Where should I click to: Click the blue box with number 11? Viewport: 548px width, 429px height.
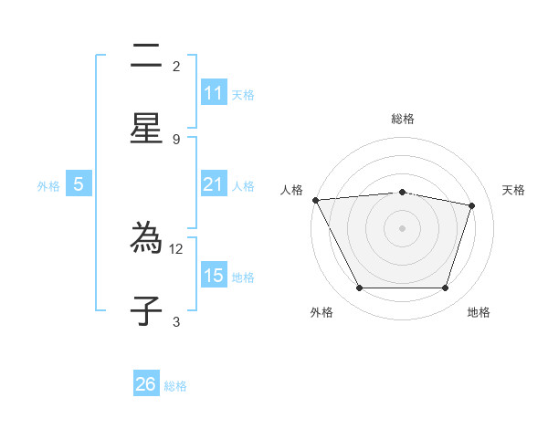(214, 93)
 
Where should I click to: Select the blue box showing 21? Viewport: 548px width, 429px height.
(214, 184)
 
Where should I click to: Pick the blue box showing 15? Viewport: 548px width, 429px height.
(214, 276)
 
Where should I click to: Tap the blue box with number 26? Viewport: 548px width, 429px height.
(146, 384)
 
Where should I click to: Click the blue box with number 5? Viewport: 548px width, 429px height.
(79, 184)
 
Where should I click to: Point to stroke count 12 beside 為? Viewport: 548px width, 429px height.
(177, 248)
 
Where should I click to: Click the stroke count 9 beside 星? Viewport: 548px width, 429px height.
(176, 139)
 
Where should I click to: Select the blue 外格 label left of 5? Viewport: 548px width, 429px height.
(48, 185)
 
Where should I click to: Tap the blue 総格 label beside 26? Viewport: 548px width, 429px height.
(176, 385)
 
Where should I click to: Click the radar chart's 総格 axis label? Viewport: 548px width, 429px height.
(403, 119)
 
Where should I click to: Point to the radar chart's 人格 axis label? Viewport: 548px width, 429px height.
(291, 190)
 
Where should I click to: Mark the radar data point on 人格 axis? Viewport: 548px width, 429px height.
(315, 200)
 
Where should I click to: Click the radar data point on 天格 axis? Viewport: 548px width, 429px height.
(472, 205)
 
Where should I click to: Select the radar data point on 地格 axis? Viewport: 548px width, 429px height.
(446, 288)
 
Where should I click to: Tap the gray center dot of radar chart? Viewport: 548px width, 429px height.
(403, 228)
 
